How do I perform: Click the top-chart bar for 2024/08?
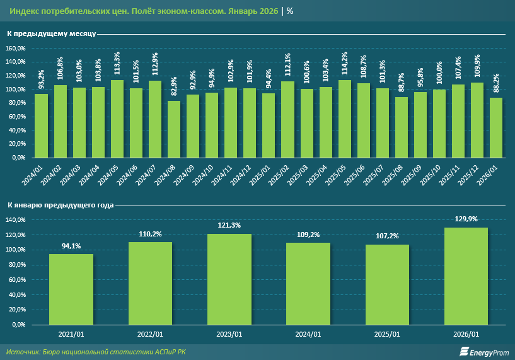tap(174, 129)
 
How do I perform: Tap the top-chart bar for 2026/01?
tap(496, 127)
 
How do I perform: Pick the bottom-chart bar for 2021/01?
tap(71, 289)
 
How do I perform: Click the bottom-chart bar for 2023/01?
tap(229, 279)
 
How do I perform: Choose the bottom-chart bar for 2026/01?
tap(466, 276)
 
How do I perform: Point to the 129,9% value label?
tap(466, 219)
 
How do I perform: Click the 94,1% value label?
tap(71, 246)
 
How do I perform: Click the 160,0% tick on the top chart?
tap(16, 49)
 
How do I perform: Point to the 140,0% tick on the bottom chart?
tap(16, 220)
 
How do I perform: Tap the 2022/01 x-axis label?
tap(150, 334)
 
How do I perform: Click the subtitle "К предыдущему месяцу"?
tap(52, 33)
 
